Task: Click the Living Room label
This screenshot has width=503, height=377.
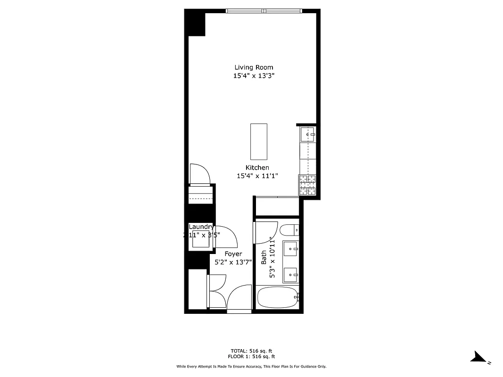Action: (x=254, y=67)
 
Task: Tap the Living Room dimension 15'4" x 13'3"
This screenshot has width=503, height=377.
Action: (x=254, y=76)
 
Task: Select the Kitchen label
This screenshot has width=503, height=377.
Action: (x=257, y=168)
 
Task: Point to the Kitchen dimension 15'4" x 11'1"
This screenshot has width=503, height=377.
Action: (x=257, y=176)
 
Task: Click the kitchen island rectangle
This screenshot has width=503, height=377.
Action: (x=258, y=141)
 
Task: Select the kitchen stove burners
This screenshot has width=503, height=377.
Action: (x=308, y=185)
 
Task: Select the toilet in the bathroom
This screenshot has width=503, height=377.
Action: (x=287, y=230)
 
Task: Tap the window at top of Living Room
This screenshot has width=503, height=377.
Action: (x=264, y=11)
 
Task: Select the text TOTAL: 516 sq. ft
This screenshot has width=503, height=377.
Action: (x=251, y=351)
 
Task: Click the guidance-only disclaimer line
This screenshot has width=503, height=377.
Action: (x=251, y=366)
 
